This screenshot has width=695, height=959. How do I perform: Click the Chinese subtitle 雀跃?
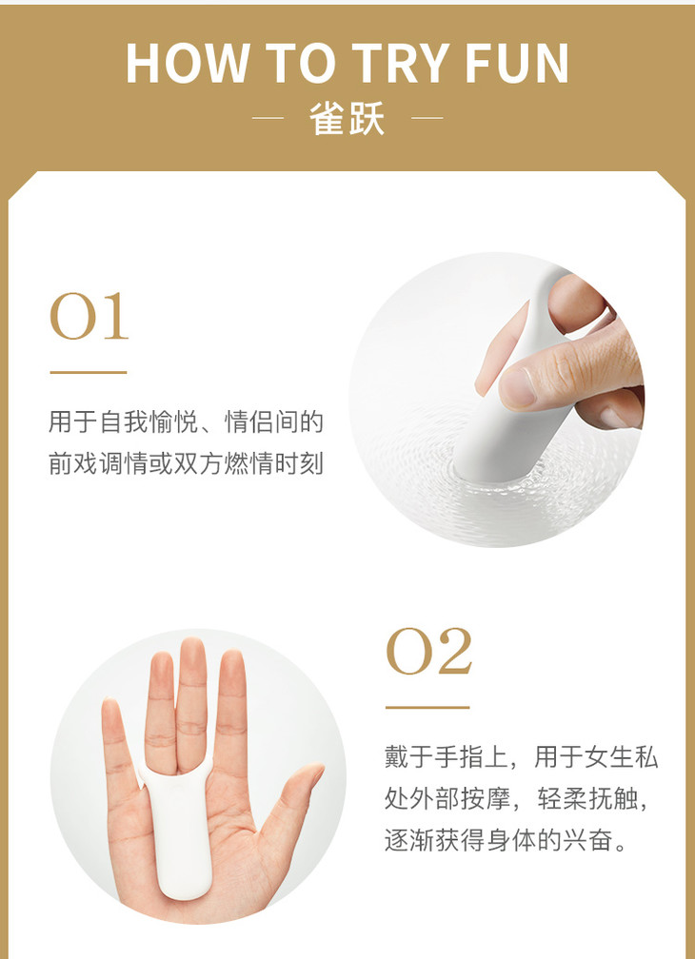(x=347, y=118)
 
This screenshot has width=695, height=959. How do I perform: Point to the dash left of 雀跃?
(x=268, y=117)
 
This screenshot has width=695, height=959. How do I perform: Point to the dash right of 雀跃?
(x=427, y=117)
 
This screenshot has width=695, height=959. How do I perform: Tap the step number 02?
(x=428, y=651)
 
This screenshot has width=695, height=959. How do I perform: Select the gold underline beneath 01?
(x=89, y=372)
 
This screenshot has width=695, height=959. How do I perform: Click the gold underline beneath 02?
(x=427, y=708)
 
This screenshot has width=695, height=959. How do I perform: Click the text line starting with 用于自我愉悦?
(x=186, y=422)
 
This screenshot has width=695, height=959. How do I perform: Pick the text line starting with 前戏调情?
(x=186, y=464)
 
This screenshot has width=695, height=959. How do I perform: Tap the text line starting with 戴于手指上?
(x=522, y=757)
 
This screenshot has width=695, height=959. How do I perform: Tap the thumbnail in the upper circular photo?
(x=518, y=388)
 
